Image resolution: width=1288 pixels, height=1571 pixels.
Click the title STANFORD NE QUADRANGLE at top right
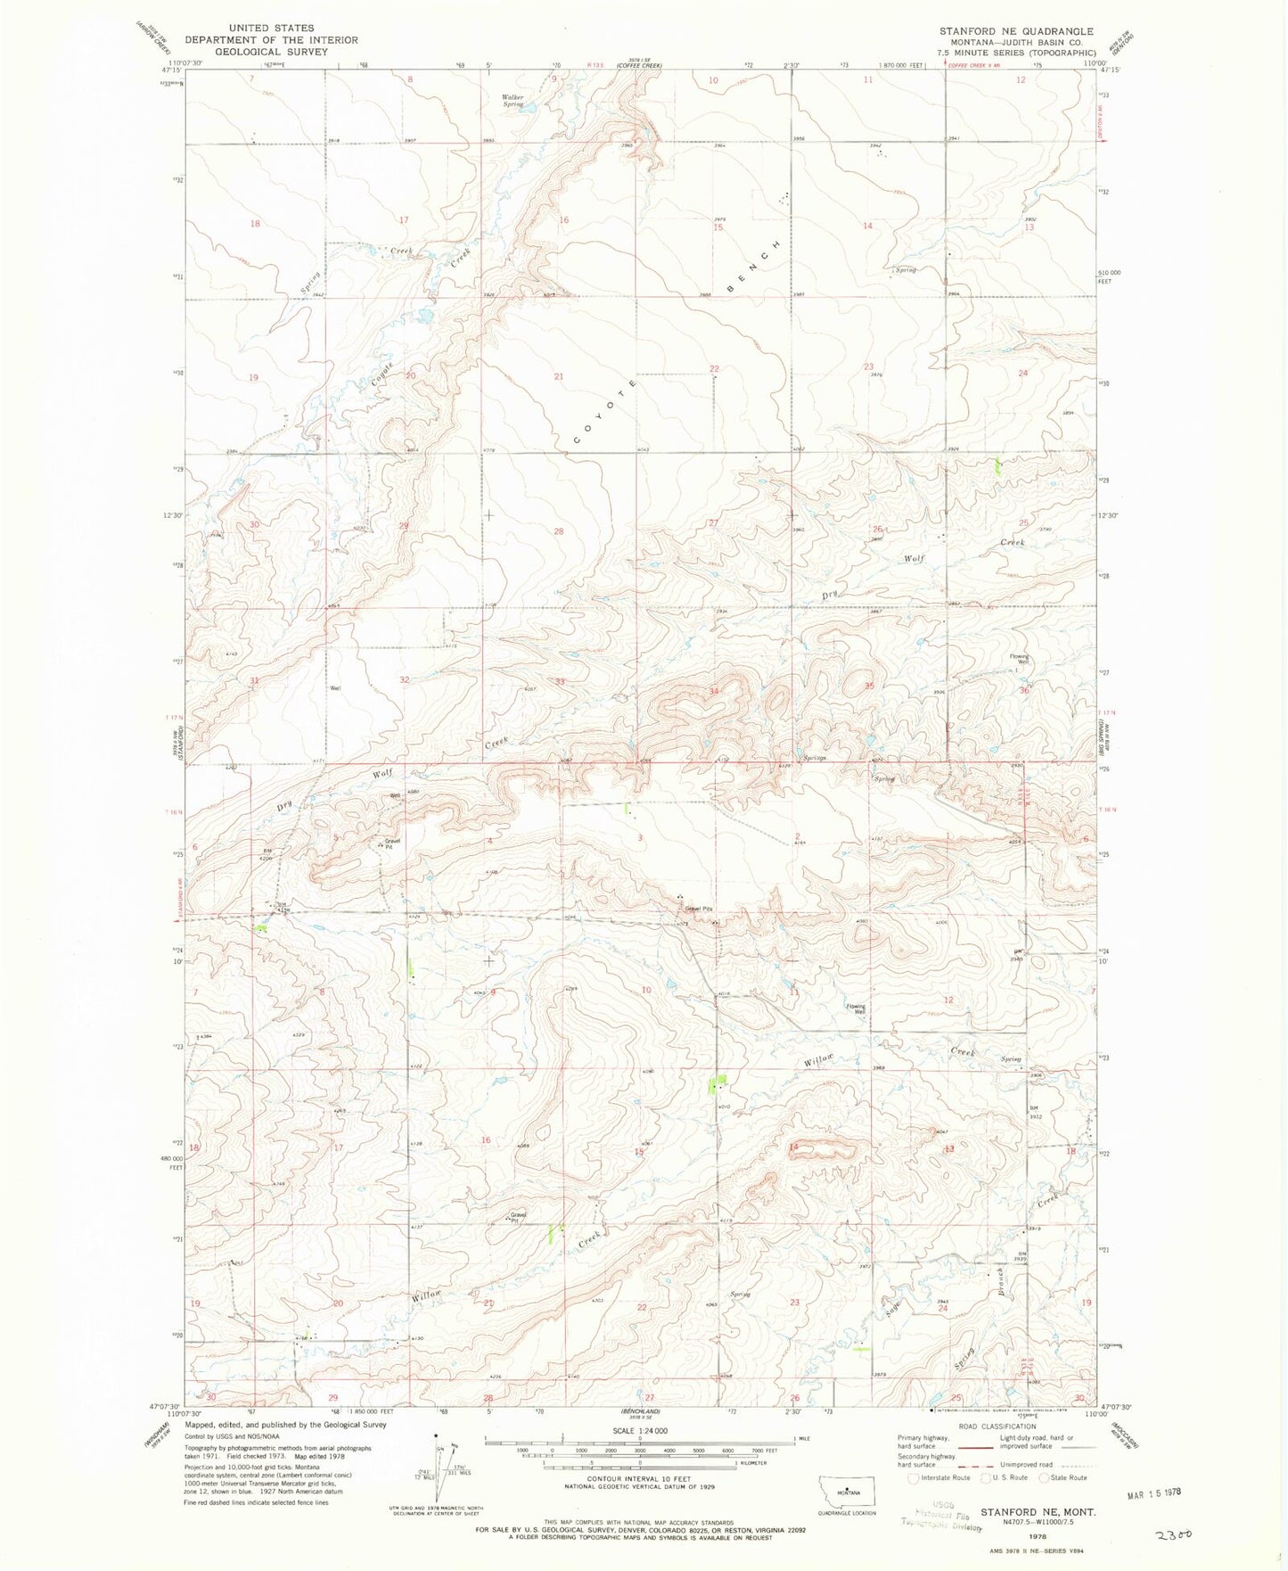[x=1015, y=31]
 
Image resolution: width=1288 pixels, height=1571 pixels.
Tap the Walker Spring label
[x=512, y=100]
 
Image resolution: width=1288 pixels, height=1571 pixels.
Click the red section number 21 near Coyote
[x=559, y=376]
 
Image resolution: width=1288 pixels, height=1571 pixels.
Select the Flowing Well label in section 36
[x=1019, y=660]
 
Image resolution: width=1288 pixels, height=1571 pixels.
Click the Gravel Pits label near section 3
[x=698, y=909]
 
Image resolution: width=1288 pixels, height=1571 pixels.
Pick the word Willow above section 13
[x=819, y=1062]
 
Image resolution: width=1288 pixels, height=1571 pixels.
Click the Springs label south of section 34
[x=813, y=758]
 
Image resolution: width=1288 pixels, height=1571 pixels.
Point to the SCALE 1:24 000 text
[x=640, y=1430]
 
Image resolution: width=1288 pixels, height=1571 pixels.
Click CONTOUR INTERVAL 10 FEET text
[x=640, y=1477]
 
